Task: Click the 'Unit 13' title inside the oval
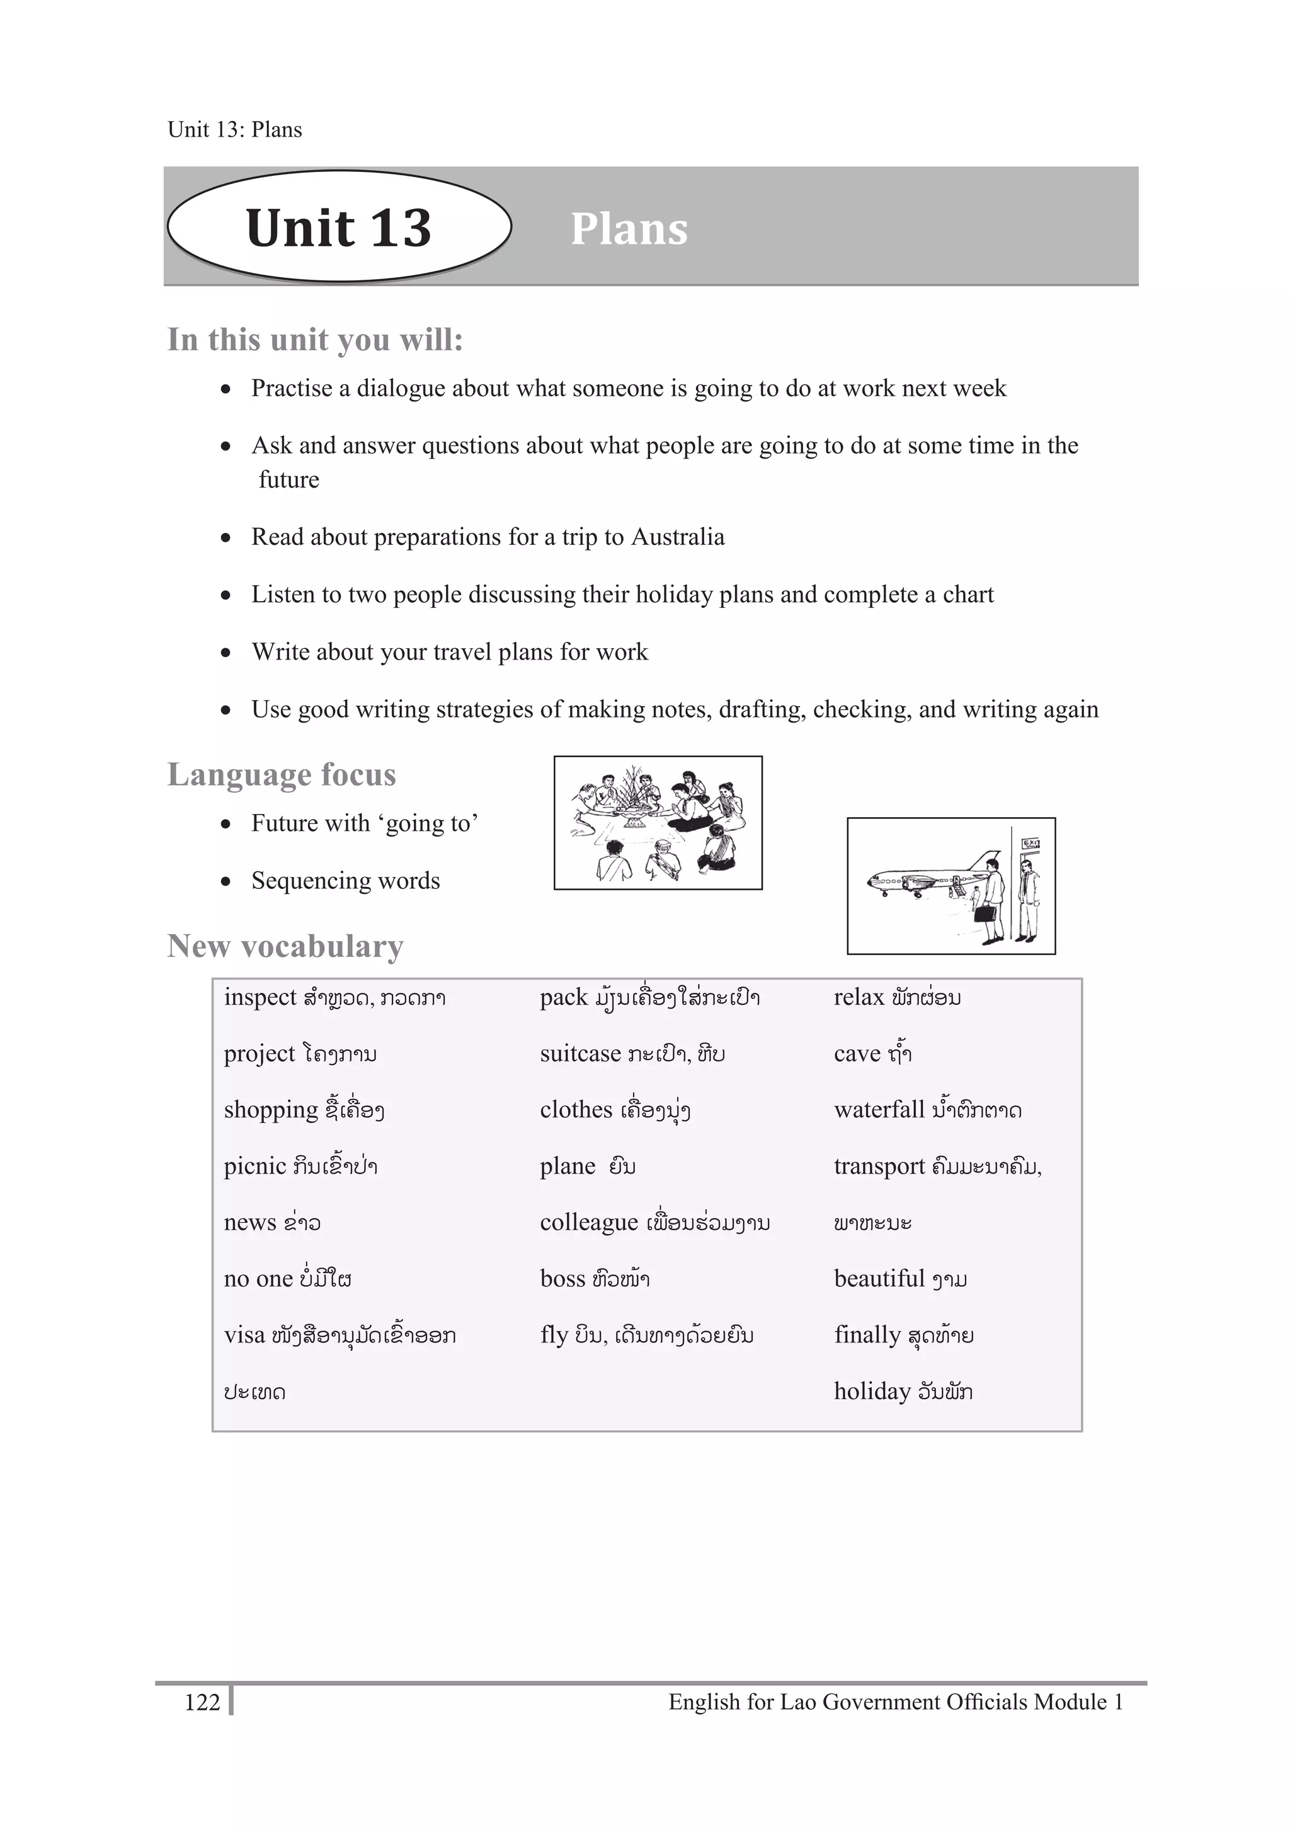tap(338, 228)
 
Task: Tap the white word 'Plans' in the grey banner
tap(629, 230)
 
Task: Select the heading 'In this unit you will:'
tap(315, 340)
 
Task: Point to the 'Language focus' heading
tap(281, 775)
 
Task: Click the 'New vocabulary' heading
tap(285, 946)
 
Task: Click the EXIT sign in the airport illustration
tap(1030, 844)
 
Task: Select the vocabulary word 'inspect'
tap(260, 997)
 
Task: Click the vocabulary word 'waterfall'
tap(878, 1110)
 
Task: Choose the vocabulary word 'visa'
tap(244, 1335)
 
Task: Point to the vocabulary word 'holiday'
tap(872, 1392)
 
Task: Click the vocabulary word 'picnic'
tap(254, 1167)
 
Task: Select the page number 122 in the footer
tap(202, 1703)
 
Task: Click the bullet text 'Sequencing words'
tap(345, 881)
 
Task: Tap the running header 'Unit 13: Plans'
tap(234, 130)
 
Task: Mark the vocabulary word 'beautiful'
tap(878, 1279)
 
